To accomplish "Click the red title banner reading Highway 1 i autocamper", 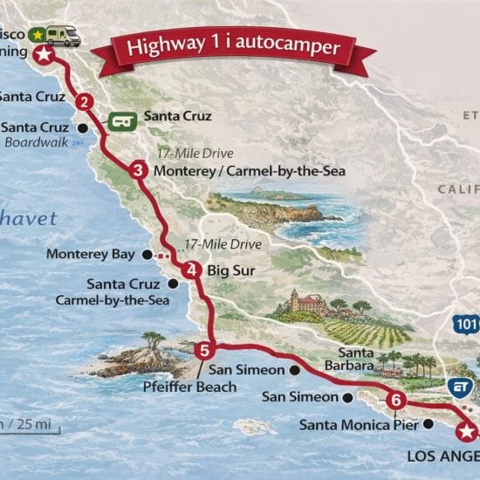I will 232,48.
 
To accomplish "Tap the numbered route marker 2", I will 85,101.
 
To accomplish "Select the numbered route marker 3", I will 137,170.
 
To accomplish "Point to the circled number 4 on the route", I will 192,270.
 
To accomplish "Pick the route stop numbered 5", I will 204,351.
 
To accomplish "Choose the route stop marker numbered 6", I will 396,401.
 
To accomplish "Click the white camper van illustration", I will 63,35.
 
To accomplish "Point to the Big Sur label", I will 230,271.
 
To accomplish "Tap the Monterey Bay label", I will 91,254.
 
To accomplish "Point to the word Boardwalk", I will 38,142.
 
